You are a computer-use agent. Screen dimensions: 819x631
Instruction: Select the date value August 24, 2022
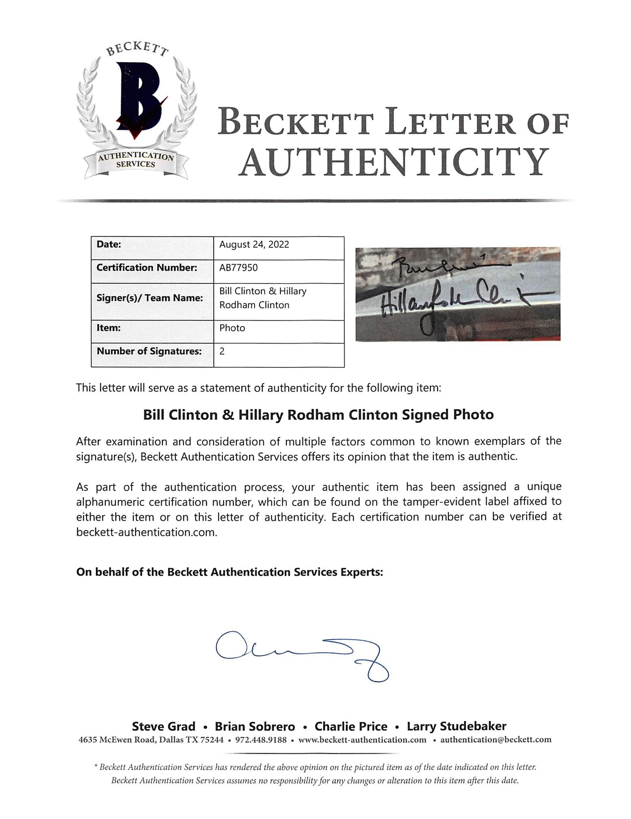pos(254,244)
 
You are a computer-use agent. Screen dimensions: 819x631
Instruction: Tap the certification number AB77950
pos(238,268)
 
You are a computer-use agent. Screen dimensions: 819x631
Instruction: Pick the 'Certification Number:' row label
pos(147,268)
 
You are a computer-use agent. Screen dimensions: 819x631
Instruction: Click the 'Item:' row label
pos(109,328)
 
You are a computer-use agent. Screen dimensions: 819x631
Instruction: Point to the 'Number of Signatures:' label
pos(149,351)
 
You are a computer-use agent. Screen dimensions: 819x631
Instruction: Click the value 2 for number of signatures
pos(222,351)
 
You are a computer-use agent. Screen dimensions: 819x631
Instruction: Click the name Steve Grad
pos(164,727)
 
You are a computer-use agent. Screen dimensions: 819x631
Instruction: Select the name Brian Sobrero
pos(255,727)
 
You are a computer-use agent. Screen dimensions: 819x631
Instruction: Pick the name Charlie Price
pos(351,727)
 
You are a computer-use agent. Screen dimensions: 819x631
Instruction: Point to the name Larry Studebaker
pos(456,727)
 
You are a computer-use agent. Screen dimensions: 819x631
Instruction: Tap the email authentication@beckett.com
pos(495,740)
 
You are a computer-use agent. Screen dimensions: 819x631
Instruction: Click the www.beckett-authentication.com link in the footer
pos(362,740)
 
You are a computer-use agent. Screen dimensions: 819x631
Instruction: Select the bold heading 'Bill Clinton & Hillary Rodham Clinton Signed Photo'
pos(318,414)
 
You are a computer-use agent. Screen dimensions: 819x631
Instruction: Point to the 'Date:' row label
pos(109,244)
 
